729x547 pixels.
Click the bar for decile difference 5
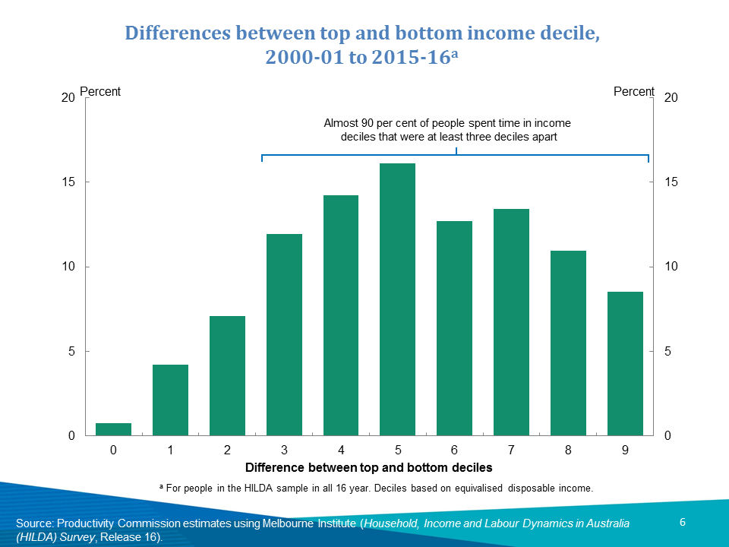397,299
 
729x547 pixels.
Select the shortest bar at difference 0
113,429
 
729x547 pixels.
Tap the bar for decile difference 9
625,363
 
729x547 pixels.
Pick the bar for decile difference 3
284,334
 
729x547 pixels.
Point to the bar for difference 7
511,322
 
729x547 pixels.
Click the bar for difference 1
170,400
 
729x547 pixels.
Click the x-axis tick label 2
227,451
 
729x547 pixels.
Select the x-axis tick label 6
454,451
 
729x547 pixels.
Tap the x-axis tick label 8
568,451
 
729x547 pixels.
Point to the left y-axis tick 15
68,182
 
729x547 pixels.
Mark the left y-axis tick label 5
71,352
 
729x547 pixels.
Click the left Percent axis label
100,92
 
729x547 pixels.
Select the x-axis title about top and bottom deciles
369,467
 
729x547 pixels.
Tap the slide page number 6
682,522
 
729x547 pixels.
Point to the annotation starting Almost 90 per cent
447,130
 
